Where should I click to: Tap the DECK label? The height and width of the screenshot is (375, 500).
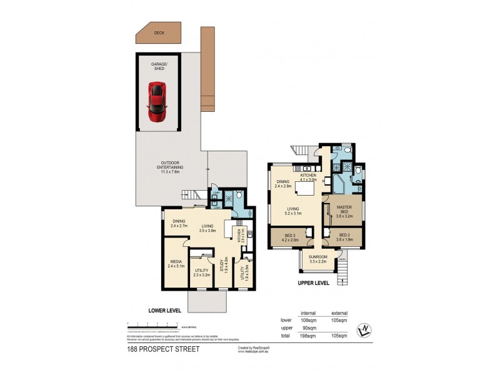tap(159, 32)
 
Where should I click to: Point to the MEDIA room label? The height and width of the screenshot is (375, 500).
tap(173, 264)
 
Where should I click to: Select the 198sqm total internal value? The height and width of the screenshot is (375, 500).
tap(308, 336)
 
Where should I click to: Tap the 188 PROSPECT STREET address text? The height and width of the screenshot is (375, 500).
tap(162, 349)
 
